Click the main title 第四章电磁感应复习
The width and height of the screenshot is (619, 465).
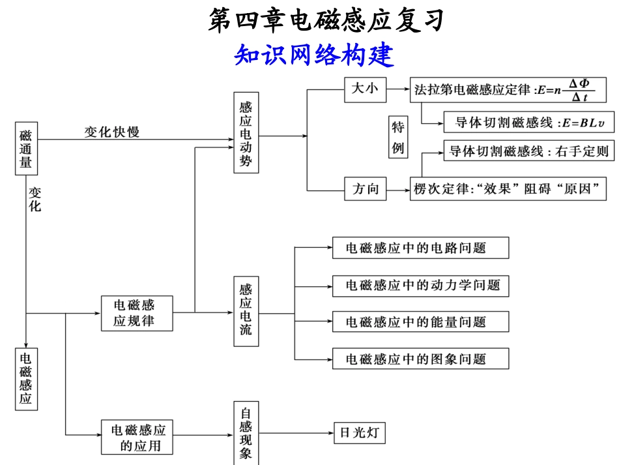[326, 21]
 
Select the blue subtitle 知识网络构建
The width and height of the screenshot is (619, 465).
[314, 55]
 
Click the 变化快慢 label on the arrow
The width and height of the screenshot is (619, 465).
[111, 132]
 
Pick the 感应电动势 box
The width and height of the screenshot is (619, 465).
[246, 133]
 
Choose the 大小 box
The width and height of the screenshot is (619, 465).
[365, 90]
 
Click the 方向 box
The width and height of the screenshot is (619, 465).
[365, 189]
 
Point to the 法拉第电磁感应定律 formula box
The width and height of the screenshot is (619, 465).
[508, 90]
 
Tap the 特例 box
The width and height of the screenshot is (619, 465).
[398, 137]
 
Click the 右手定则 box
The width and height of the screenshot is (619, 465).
[528, 151]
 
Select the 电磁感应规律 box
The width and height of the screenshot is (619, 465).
[137, 313]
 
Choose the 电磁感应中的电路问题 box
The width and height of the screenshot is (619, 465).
[420, 248]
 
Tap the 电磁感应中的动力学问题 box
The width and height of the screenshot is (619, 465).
[420, 285]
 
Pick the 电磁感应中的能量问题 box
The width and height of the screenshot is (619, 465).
[420, 322]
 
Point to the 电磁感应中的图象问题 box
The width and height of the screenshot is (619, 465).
[420, 359]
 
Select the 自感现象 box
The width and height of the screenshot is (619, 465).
[246, 433]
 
